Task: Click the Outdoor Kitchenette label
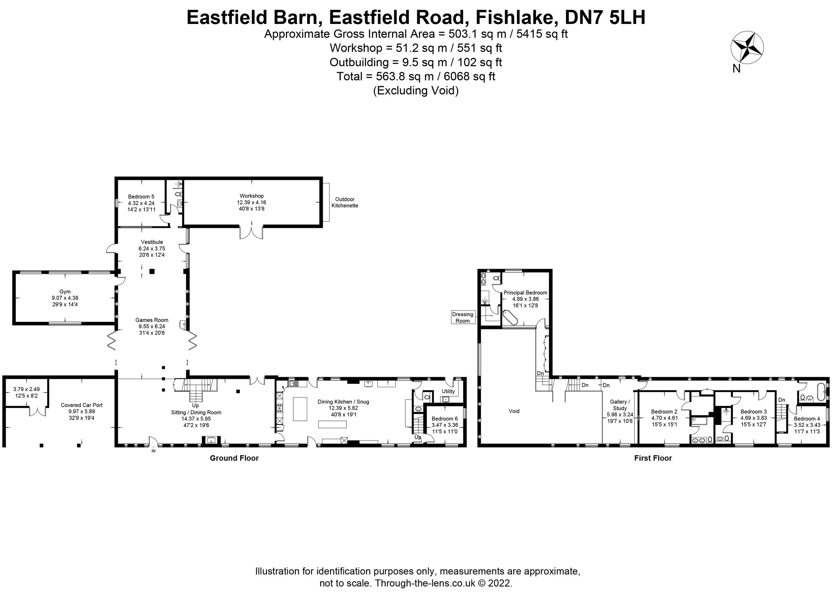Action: click(345, 202)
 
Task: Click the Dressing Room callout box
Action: click(462, 317)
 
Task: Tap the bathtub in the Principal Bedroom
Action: click(510, 318)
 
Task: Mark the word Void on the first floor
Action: click(514, 411)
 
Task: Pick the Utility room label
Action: click(448, 391)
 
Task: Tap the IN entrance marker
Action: click(153, 451)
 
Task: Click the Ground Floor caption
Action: click(234, 458)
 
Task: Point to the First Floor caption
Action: click(653, 458)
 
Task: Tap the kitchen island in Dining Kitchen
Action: click(300, 409)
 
